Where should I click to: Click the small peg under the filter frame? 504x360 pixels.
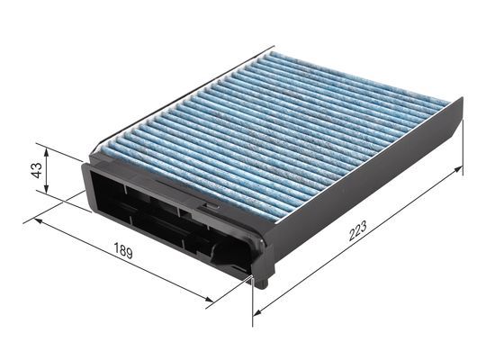[260, 281]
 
